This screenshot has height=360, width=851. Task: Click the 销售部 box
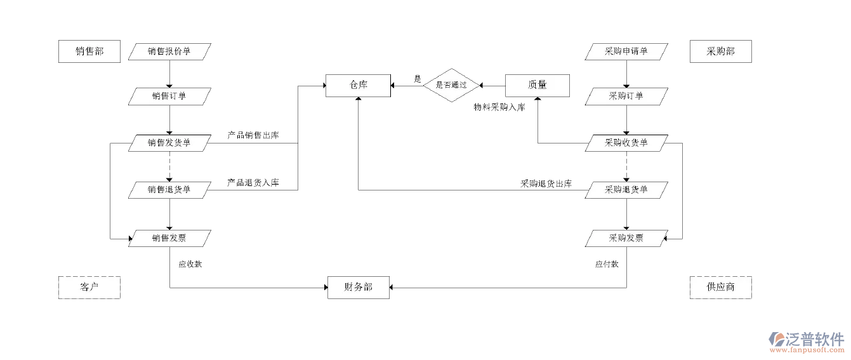click(x=89, y=51)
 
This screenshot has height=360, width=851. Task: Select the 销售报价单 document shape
click(x=169, y=51)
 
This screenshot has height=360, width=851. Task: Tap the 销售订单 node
click(x=169, y=97)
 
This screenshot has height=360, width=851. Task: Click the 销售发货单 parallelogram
click(x=169, y=143)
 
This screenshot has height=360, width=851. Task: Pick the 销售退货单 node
click(x=169, y=189)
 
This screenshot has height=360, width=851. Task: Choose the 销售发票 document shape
click(x=169, y=238)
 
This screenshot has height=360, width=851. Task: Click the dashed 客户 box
click(x=89, y=287)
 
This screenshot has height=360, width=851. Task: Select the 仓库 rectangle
click(x=358, y=85)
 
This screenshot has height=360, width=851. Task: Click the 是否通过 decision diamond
click(x=451, y=85)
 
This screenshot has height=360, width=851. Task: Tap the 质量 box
click(x=537, y=85)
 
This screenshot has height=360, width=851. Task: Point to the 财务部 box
click(x=359, y=287)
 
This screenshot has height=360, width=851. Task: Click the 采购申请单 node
click(x=626, y=51)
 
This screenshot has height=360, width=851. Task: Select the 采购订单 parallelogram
click(x=626, y=97)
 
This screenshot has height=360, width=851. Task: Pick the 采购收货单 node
click(x=626, y=143)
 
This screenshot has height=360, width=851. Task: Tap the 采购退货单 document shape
click(x=626, y=189)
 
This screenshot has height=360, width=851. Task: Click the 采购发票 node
click(x=626, y=238)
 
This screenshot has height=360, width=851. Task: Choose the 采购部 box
click(x=720, y=51)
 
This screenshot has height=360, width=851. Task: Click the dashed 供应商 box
click(x=720, y=287)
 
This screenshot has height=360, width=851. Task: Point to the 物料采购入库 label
click(x=499, y=107)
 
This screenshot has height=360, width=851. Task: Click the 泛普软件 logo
click(x=806, y=341)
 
